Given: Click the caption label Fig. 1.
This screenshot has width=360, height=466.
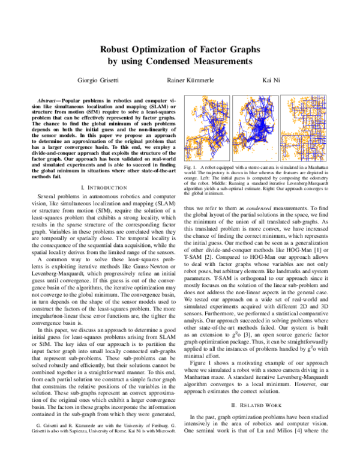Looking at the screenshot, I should (x=191, y=165).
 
